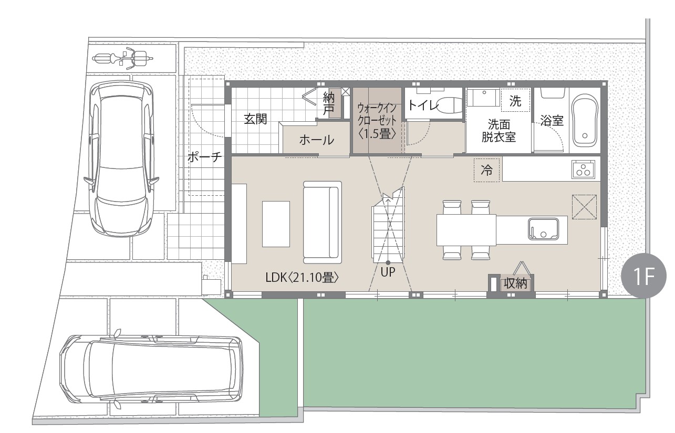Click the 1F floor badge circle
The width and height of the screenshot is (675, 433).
[x=643, y=276]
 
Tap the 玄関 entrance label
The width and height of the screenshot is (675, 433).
[x=255, y=119]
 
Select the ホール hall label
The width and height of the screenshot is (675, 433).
[x=317, y=140]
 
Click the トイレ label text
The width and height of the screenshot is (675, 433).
[x=422, y=105]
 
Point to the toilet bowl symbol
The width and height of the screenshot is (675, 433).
[x=449, y=105]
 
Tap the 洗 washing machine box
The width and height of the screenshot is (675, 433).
[x=515, y=101]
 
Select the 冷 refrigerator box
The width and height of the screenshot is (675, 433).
[x=486, y=170]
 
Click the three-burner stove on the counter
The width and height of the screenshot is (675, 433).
[x=584, y=170]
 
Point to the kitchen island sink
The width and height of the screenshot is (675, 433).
[x=543, y=229]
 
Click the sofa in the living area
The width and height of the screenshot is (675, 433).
[x=323, y=223]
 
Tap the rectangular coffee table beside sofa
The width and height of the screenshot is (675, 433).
[x=276, y=224]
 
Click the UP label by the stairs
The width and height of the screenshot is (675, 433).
[x=388, y=272]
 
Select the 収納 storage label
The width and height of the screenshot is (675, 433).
[x=515, y=283]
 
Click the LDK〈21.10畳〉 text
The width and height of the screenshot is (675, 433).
[x=302, y=278]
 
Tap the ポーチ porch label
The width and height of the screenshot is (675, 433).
[x=205, y=157]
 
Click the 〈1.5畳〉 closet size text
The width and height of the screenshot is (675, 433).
[x=377, y=133]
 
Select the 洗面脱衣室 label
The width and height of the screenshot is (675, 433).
[x=499, y=130]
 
